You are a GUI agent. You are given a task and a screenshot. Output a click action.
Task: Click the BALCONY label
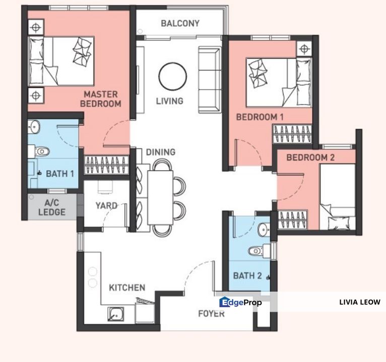coord(180,23)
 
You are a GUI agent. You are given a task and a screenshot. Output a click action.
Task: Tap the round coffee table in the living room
coord(172,76)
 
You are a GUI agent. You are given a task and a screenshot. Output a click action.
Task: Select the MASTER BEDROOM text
coord(101,99)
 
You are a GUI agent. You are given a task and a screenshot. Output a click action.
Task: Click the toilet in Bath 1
coord(41,151)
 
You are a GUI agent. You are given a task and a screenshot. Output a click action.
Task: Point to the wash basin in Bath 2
coord(263,229)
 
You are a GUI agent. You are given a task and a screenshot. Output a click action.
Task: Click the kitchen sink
coord(115,314)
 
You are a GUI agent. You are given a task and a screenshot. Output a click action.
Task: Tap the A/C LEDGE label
coord(52,208)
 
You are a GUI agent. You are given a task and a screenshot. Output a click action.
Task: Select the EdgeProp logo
coord(240,302)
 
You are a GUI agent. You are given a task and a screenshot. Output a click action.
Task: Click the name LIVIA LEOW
coord(360,302)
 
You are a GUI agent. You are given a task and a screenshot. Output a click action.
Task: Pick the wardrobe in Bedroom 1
coord(292,134)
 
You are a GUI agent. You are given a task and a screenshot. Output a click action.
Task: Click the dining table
coord(160,198)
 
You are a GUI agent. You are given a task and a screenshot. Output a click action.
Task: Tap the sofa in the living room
coord(210,80)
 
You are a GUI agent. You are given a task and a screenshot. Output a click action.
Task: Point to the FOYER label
coord(212,313)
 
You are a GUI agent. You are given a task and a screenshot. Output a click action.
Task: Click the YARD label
coord(107,206)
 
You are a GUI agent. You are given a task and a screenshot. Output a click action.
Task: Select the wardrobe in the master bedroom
coord(107,165)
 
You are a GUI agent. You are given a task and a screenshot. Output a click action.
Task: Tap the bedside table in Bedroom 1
coord(304,49)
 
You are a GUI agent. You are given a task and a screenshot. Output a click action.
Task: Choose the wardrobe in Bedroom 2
coord(292,220)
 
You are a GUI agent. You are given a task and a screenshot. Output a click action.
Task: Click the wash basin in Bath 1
coord(34,127)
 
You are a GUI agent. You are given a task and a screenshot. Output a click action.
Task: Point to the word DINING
coord(161,152)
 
